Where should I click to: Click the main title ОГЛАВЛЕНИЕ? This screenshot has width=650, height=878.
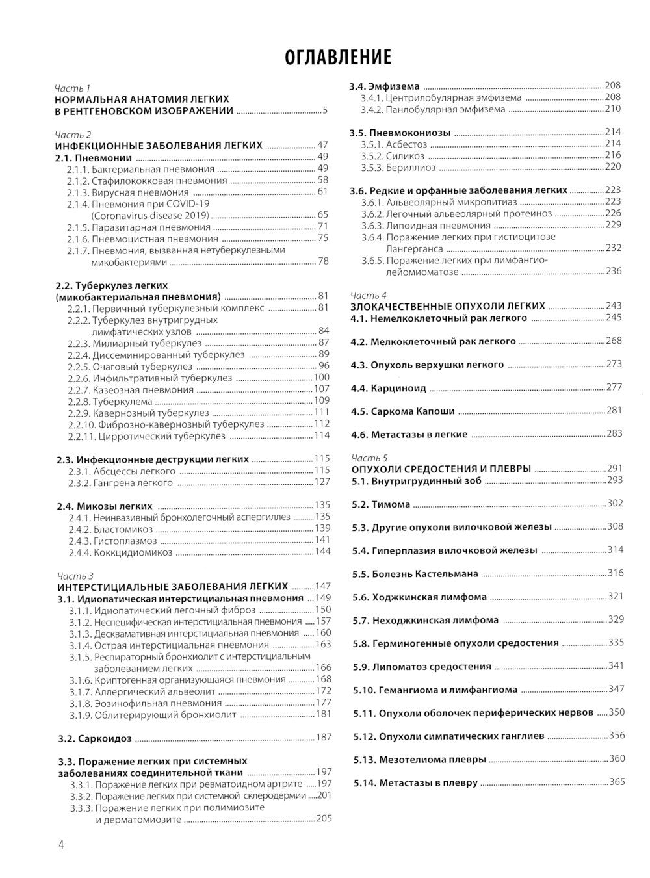click(338, 57)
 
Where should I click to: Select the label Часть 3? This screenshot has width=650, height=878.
click(75, 575)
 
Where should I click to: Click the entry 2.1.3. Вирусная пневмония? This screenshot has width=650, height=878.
click(127, 192)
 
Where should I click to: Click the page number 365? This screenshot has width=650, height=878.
click(616, 782)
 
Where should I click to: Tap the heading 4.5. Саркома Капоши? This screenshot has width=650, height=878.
click(402, 411)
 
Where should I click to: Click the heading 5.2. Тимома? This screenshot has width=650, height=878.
click(382, 504)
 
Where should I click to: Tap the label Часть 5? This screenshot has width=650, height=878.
click(369, 457)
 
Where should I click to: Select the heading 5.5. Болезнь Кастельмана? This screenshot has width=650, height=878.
click(416, 574)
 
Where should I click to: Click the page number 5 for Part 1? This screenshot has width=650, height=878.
click(324, 111)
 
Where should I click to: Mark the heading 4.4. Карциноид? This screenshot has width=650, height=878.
click(389, 389)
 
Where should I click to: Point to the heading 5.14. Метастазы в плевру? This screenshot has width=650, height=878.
click(416, 783)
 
